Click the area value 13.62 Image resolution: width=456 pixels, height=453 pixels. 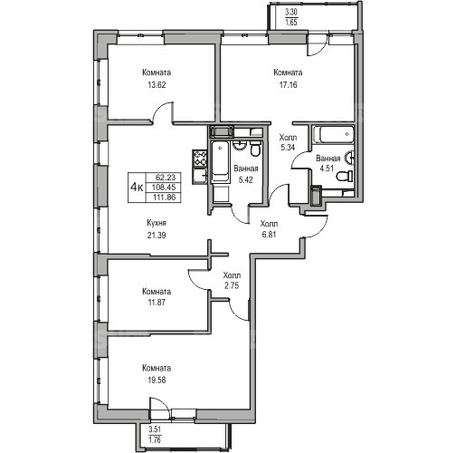(x=157, y=85)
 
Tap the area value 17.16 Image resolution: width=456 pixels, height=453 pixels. (x=288, y=85)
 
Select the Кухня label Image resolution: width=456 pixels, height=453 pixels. (x=157, y=223)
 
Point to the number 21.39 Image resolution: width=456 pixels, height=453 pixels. (x=157, y=235)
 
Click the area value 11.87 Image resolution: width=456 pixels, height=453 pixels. (x=157, y=302)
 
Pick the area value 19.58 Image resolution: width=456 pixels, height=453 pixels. (x=157, y=380)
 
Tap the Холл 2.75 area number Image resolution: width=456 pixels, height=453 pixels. (x=232, y=285)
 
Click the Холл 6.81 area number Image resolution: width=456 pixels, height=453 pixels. (x=269, y=235)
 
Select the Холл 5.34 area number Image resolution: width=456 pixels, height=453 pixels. (x=288, y=148)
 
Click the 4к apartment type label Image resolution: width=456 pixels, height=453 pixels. (x=137, y=188)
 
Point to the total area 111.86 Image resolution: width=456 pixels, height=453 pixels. (x=164, y=198)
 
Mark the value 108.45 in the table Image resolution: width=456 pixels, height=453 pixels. (x=164, y=188)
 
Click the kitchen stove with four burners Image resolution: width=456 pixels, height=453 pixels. (x=200, y=158)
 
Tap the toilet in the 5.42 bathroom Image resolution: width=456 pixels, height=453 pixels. (x=255, y=149)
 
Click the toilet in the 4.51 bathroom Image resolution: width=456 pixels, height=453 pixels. (x=345, y=176)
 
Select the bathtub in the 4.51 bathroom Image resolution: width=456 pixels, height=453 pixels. (x=334, y=134)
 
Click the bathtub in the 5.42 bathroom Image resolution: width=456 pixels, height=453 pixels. (x=220, y=161)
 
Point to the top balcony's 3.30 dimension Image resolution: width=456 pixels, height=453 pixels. (x=291, y=13)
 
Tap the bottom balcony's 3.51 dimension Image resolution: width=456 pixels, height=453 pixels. (x=155, y=429)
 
